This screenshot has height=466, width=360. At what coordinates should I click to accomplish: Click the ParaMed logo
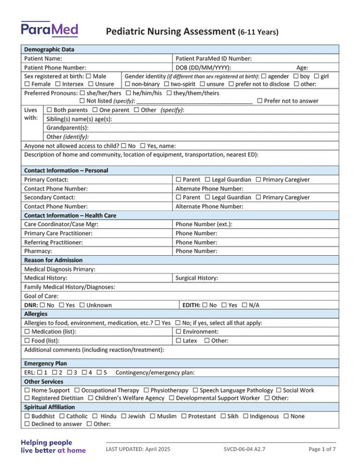(49, 29)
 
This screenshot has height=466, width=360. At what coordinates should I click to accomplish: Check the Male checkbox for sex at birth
(89, 76)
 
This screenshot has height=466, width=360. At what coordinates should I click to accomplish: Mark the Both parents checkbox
(49, 109)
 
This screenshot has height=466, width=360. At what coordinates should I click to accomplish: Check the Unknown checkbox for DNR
(82, 305)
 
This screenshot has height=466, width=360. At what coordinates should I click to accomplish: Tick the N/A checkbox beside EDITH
(245, 305)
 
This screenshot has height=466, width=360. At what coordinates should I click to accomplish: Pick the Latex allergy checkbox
(179, 340)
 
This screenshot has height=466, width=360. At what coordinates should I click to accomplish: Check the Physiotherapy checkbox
(147, 390)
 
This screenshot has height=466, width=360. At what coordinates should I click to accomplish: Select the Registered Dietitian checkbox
(27, 398)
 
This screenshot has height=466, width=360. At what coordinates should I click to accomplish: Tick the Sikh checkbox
(223, 416)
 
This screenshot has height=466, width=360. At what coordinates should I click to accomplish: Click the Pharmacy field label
(38, 251)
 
